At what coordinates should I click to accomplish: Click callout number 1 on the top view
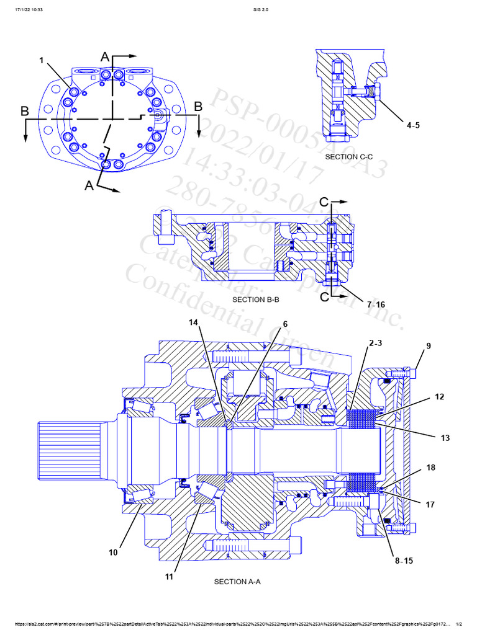click(42, 60)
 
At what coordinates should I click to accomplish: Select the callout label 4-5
click(413, 125)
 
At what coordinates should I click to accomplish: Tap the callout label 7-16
click(376, 304)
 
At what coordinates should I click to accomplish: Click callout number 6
click(285, 324)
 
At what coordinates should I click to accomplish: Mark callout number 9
click(428, 346)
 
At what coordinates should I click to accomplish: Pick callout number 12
click(440, 396)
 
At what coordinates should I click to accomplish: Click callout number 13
click(445, 438)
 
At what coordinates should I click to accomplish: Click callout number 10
click(113, 553)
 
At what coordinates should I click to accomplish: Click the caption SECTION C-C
click(349, 157)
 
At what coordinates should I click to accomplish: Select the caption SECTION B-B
click(256, 300)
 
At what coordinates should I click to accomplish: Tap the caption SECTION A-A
click(237, 582)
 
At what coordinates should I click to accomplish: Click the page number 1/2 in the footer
click(460, 624)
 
